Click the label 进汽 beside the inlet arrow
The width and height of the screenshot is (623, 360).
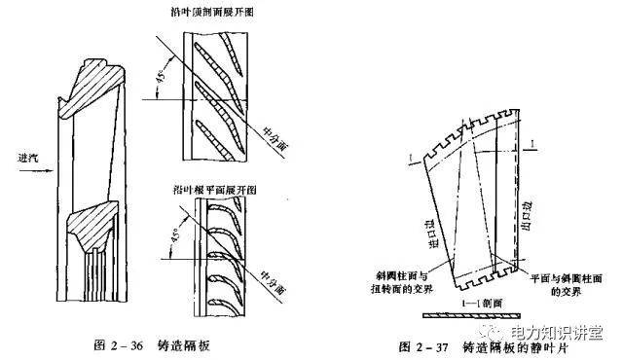(20, 157)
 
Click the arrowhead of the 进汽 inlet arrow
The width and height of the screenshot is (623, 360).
(49, 168)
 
